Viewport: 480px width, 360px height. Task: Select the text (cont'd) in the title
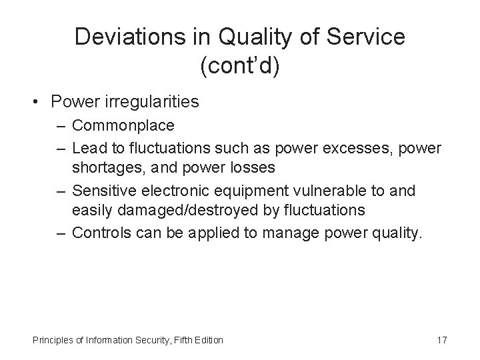coord(240,65)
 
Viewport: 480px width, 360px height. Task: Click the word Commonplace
coord(123,125)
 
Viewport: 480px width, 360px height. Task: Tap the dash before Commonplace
coord(62,125)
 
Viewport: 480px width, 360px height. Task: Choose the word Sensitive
coord(99,191)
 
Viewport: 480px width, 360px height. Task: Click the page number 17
coord(441,340)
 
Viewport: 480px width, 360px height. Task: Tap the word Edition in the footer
coord(208,340)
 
